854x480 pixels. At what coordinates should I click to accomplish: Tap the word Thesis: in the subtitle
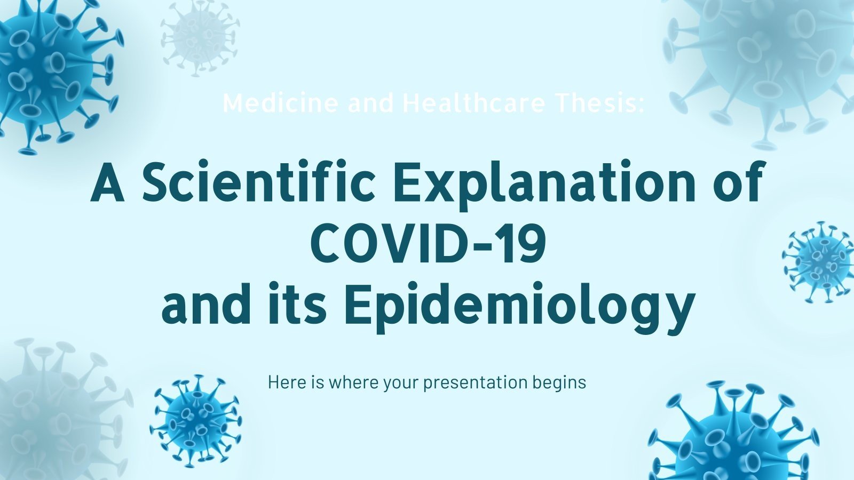[x=598, y=103]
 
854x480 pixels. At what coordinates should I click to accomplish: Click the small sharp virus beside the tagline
[x=195, y=413]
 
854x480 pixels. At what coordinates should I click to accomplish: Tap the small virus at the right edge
[x=819, y=261]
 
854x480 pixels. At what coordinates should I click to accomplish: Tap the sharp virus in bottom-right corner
[x=737, y=437]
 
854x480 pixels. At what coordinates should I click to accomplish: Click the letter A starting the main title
[x=107, y=183]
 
